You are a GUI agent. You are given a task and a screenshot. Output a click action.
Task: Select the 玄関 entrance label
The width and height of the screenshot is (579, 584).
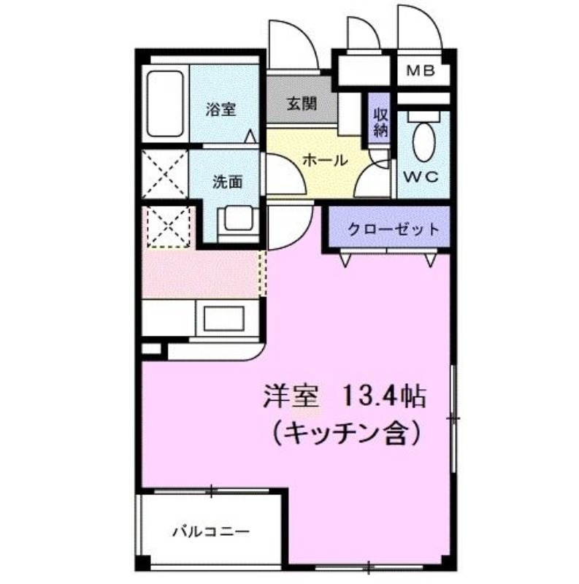coord(301,104)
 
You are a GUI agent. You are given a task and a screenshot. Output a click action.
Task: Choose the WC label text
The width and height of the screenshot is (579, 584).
coord(421,176)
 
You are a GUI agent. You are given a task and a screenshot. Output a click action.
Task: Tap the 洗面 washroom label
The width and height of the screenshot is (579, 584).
coord(227,182)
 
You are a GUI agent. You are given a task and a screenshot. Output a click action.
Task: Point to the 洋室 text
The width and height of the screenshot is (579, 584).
coord(291,397)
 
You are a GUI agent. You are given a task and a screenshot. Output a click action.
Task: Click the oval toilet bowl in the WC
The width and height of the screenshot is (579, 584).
coord(423,142)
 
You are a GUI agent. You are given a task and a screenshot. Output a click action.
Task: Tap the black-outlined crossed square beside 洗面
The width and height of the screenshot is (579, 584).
coord(165,173)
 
